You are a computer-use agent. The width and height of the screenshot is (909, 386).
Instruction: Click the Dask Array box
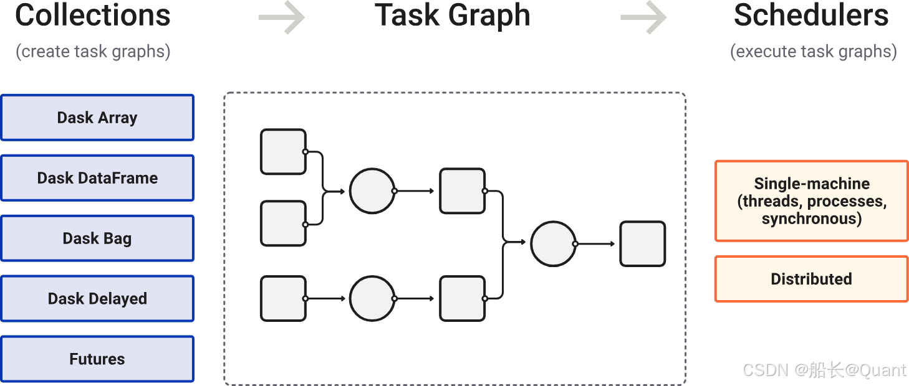click(x=97, y=118)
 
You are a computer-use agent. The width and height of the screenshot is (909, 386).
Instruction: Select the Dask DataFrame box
click(x=97, y=178)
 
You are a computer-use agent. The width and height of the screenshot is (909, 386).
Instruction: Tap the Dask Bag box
click(x=97, y=238)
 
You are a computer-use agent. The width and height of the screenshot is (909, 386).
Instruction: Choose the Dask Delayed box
click(x=97, y=299)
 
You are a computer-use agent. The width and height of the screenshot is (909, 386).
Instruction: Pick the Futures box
click(x=97, y=359)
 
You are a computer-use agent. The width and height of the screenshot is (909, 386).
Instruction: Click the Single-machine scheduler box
click(x=811, y=200)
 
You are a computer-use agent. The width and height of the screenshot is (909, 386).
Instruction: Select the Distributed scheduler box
click(x=811, y=279)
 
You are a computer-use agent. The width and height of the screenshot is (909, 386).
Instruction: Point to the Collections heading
click(x=93, y=16)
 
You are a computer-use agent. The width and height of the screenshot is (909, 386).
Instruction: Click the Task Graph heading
click(x=453, y=16)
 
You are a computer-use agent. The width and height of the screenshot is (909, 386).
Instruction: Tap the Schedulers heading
click(x=811, y=16)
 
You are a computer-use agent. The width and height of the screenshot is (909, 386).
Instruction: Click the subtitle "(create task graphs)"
click(x=93, y=51)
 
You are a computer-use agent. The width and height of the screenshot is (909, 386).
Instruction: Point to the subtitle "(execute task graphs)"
click(x=813, y=51)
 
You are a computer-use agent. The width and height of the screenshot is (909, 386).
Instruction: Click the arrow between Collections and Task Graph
click(x=282, y=17)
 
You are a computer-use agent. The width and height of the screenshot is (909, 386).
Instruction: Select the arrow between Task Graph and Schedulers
click(x=643, y=17)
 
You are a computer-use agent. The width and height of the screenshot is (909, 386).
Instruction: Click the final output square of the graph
click(x=642, y=244)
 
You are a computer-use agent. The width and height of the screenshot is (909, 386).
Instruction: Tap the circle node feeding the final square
click(x=553, y=244)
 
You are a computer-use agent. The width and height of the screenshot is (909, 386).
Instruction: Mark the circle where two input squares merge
click(x=372, y=191)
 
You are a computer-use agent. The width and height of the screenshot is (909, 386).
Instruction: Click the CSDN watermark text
click(x=823, y=369)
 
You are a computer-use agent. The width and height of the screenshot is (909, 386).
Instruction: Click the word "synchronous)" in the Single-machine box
click(x=811, y=219)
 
